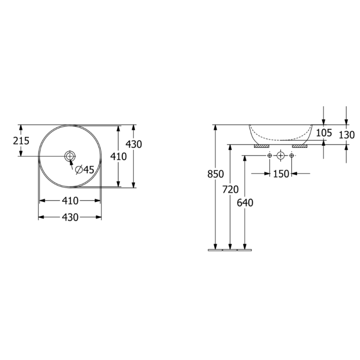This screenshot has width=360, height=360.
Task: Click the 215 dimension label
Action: click(21, 141)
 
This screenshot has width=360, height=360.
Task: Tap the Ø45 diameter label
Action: click(85, 170)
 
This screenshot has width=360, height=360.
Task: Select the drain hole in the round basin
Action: click(70, 156)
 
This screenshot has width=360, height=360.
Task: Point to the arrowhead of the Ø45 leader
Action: click(71, 162)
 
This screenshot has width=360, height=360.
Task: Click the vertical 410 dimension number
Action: click(118, 157)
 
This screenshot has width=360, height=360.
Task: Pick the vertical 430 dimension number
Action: click(134, 144)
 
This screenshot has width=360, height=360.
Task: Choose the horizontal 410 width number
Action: click(70, 201)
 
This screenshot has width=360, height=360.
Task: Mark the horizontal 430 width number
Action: click(70, 217)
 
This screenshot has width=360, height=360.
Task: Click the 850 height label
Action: click(216, 174)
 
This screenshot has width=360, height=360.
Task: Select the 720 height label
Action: click(230, 189)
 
